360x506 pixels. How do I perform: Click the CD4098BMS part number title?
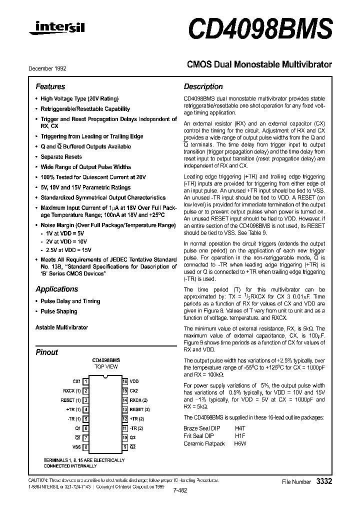260,29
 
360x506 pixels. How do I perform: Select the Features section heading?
50,86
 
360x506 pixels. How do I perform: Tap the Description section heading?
203,86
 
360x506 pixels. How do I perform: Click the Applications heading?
56,289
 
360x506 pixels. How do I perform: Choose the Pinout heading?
46,352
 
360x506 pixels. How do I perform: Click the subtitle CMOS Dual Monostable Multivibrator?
259,64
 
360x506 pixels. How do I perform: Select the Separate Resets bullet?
61,157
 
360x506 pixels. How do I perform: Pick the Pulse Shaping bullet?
58,311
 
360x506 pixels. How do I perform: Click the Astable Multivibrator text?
61,327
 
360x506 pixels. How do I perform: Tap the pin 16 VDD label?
134,381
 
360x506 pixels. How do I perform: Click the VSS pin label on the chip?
76,447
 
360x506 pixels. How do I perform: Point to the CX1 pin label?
76,381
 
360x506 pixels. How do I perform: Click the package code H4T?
241,428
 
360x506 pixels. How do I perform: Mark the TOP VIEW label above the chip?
106,366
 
